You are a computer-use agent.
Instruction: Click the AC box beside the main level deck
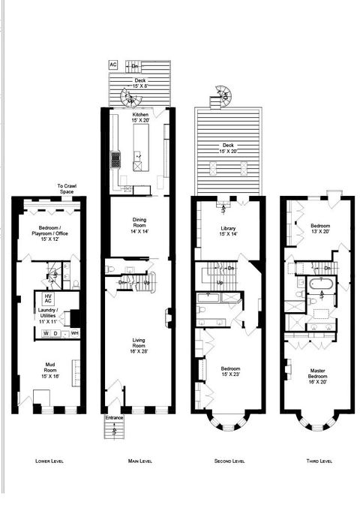coord(113,65)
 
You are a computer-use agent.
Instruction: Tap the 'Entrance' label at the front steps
coord(114,417)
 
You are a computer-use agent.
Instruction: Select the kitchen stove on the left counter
coord(116,160)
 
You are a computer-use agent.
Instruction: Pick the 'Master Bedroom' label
coord(314,374)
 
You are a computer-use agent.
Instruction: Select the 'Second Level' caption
coord(229,460)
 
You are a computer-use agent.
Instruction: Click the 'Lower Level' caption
coord(49,460)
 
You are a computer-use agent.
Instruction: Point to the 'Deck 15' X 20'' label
coord(229,149)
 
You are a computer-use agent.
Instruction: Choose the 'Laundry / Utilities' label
coord(50,316)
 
